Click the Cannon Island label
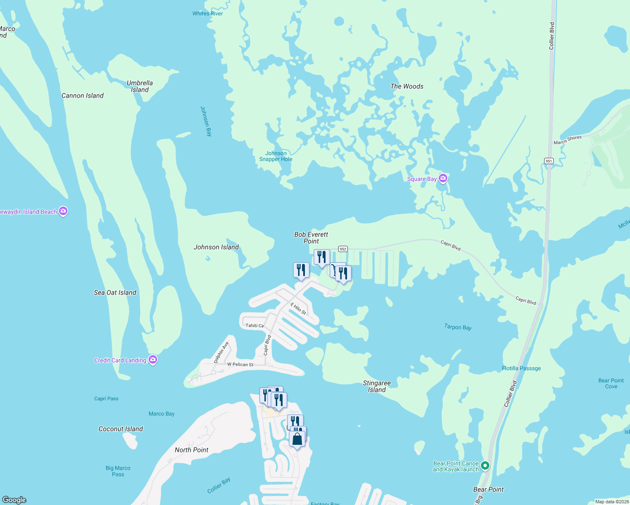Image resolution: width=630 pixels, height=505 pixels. [x=83, y=96]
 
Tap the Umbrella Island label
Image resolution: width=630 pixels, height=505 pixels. [x=140, y=86]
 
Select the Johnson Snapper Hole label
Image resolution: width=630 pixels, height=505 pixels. [x=276, y=156]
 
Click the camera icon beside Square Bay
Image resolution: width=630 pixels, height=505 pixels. [x=443, y=178]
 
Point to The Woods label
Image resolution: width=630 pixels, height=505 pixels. [x=407, y=86]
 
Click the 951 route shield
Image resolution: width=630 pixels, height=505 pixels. [x=548, y=161]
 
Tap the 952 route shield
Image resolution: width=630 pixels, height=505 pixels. [x=343, y=249]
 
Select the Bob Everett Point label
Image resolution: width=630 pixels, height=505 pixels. [x=311, y=238]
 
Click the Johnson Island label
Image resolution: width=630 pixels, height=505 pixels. [x=216, y=247]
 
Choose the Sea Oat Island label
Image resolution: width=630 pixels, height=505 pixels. [x=115, y=292]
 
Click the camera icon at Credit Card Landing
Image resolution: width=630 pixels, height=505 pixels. [x=153, y=360]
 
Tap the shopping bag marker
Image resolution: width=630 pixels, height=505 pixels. [x=297, y=439]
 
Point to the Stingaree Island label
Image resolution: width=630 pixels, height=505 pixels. [x=377, y=386]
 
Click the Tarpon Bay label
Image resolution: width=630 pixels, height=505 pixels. [x=458, y=327]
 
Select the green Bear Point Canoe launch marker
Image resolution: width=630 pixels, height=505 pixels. [x=485, y=465]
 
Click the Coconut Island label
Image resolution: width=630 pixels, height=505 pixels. [x=120, y=429]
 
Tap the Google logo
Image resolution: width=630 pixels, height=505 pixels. [x=14, y=500]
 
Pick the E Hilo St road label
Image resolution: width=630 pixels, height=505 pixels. [x=298, y=308]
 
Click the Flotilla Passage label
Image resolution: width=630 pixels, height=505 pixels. [x=521, y=368]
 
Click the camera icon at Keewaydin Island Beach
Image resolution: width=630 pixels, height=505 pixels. [x=63, y=211]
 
